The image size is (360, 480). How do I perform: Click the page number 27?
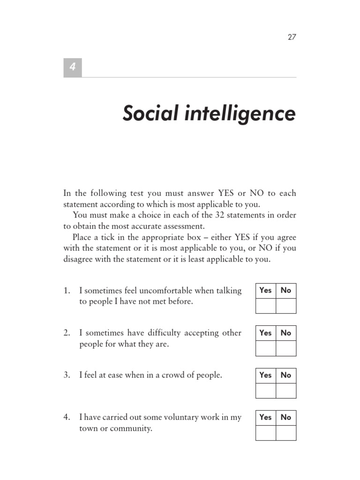(292, 37)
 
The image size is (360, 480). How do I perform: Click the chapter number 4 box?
(73, 67)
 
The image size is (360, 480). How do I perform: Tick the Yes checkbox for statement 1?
(265, 306)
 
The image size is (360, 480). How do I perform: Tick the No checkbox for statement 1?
(286, 306)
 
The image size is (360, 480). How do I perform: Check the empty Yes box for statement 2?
(265, 348)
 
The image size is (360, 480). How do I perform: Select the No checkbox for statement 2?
(286, 348)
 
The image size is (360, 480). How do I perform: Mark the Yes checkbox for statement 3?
(265, 390)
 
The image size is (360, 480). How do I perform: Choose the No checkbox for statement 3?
(286, 390)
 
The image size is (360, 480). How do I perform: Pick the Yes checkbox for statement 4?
(265, 433)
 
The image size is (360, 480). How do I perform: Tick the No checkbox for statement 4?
(286, 433)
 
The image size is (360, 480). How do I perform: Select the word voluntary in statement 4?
(180, 417)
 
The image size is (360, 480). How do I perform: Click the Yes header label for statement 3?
(265, 375)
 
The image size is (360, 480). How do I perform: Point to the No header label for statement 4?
(286, 417)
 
